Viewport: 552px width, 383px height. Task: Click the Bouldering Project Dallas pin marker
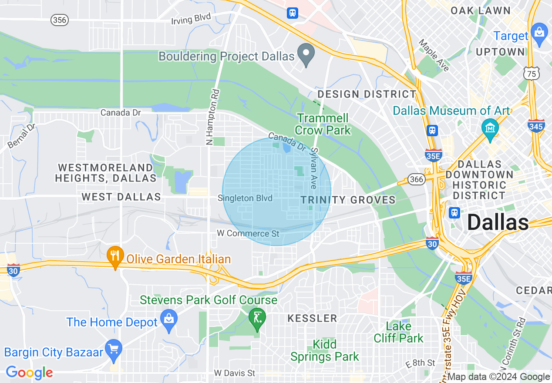pos(306,54)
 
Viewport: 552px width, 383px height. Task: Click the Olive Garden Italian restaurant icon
pos(115,257)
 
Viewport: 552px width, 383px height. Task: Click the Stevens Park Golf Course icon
pos(257,318)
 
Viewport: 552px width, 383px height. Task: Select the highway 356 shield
pos(59,20)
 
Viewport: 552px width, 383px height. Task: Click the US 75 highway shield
pos(532,74)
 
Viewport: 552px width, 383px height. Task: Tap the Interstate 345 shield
pos(536,126)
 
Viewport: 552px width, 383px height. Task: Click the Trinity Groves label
pos(348,200)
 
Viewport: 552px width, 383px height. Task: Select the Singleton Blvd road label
pos(245,198)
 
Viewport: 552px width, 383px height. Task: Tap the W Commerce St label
pos(248,234)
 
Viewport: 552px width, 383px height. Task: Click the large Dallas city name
pos(498,223)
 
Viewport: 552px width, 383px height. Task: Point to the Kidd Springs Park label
pos(325,351)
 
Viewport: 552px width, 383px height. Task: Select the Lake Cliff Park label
pos(398,332)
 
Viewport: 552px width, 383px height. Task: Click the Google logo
pos(29,373)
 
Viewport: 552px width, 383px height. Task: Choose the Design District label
pos(367,94)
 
